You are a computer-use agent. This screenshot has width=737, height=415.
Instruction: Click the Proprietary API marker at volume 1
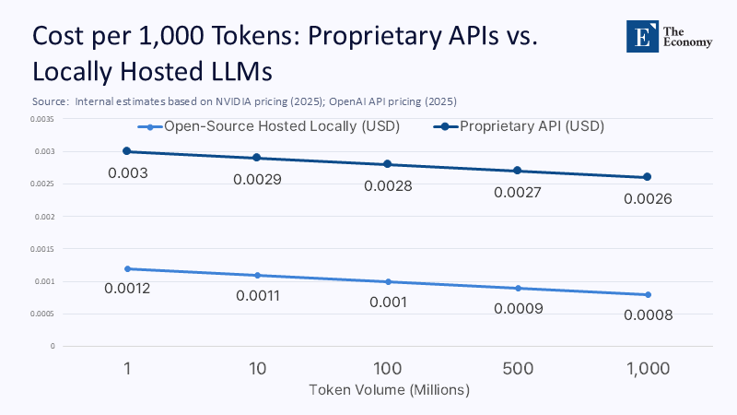click(x=127, y=151)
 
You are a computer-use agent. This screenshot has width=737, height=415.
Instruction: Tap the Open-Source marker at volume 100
click(x=388, y=281)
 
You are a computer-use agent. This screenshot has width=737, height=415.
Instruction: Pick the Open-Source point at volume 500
click(x=518, y=289)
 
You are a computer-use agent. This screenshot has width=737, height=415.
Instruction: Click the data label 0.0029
click(x=257, y=179)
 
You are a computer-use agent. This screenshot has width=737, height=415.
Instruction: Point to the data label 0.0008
click(x=648, y=315)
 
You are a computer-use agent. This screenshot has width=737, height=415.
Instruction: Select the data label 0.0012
click(x=127, y=290)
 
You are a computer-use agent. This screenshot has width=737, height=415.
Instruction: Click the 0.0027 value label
click(x=518, y=193)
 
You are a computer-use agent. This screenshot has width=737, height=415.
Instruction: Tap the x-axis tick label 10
click(x=257, y=368)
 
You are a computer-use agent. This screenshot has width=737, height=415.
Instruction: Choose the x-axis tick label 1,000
click(x=648, y=368)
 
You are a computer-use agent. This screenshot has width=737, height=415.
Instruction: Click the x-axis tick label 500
click(x=518, y=368)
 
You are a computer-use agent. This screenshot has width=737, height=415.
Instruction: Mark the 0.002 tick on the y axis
click(x=44, y=217)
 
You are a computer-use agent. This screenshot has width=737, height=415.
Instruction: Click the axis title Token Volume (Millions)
click(x=389, y=390)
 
